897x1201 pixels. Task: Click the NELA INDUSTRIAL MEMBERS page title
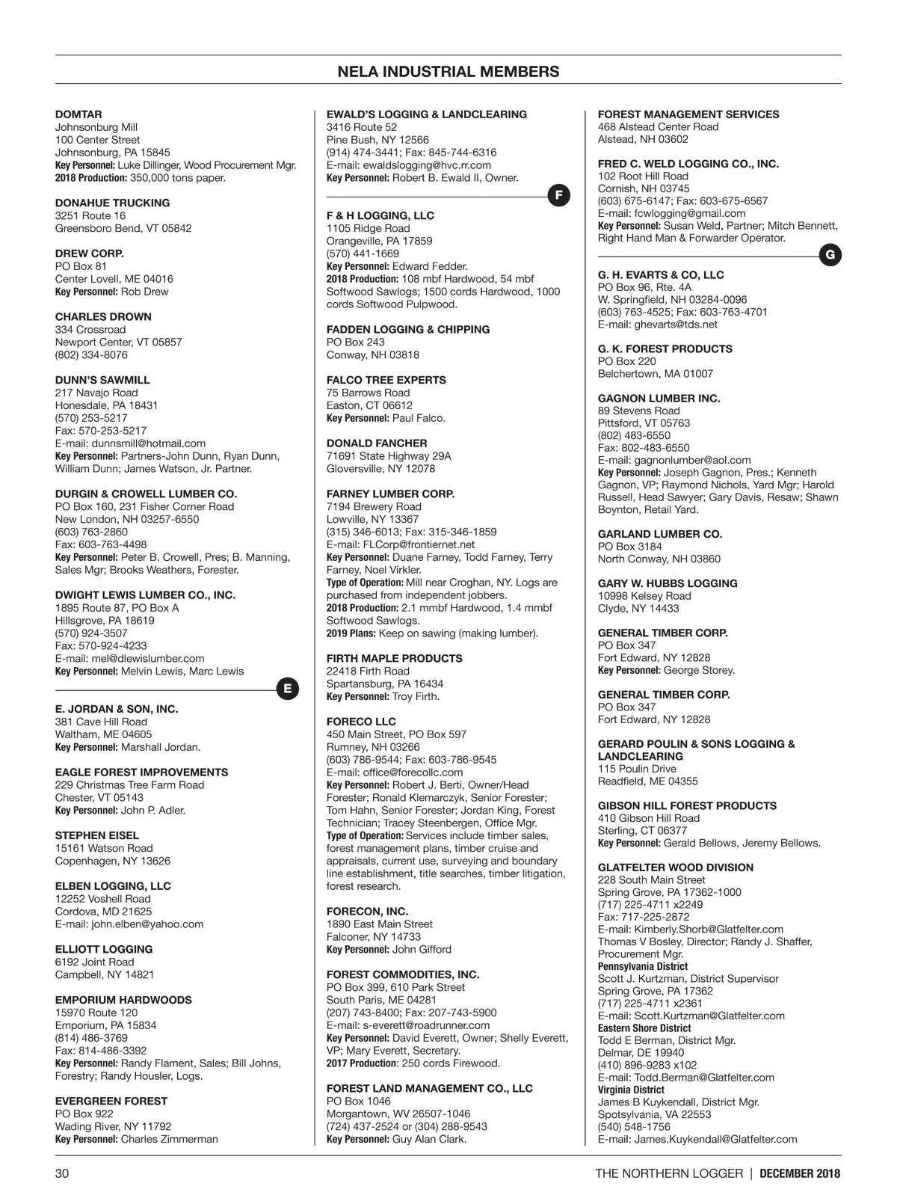click(448, 72)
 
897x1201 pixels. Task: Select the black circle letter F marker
click(559, 196)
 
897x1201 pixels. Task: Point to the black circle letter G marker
click(830, 256)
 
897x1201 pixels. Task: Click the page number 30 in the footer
click(62, 1173)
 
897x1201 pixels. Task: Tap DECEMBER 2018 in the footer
click(800, 1173)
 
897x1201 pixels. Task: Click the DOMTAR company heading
click(78, 114)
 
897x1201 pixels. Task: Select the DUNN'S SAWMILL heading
click(102, 380)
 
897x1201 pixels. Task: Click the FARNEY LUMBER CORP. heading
click(390, 494)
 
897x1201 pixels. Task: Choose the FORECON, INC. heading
click(367, 912)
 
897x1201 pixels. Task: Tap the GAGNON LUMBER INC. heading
click(659, 399)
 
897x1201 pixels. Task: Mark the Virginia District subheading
click(631, 1090)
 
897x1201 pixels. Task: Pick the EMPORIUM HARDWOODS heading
click(123, 1000)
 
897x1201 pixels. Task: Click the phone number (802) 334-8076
click(91, 355)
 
